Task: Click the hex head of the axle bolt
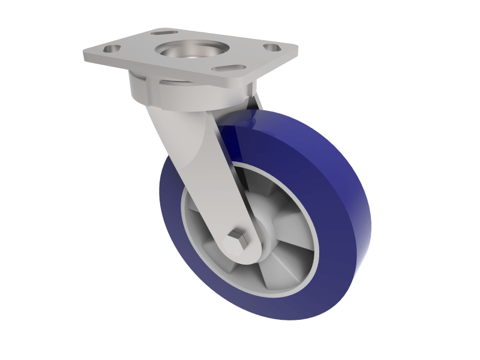click(x=237, y=241)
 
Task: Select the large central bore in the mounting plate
click(x=192, y=50)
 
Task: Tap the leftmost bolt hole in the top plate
click(x=112, y=47)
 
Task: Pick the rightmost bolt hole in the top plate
click(x=271, y=46)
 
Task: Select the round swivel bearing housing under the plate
click(x=150, y=90)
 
